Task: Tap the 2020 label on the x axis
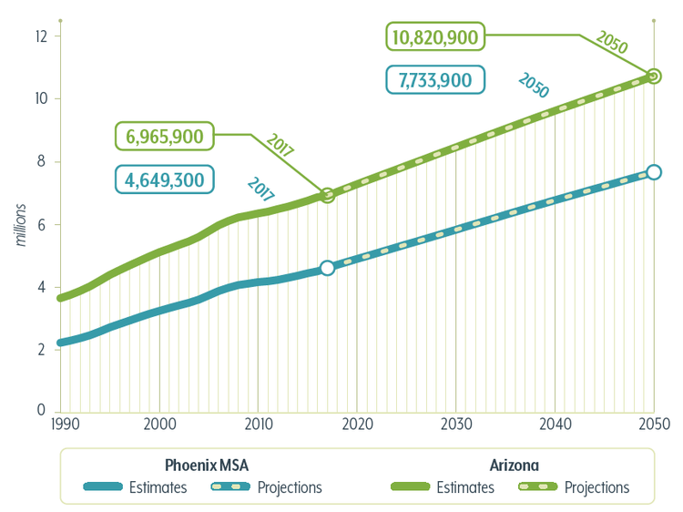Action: [357, 424]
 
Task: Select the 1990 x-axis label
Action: [66, 424]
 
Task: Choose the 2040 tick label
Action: [555, 424]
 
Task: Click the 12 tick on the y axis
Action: [41, 36]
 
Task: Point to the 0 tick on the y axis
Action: [41, 410]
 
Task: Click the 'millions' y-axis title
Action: [20, 225]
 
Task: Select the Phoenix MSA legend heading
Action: [207, 466]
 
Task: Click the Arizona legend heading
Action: [514, 466]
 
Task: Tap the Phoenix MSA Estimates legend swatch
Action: [103, 486]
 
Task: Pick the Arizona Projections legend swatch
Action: [538, 486]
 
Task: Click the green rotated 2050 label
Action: [612, 42]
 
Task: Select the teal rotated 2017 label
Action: [261, 189]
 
